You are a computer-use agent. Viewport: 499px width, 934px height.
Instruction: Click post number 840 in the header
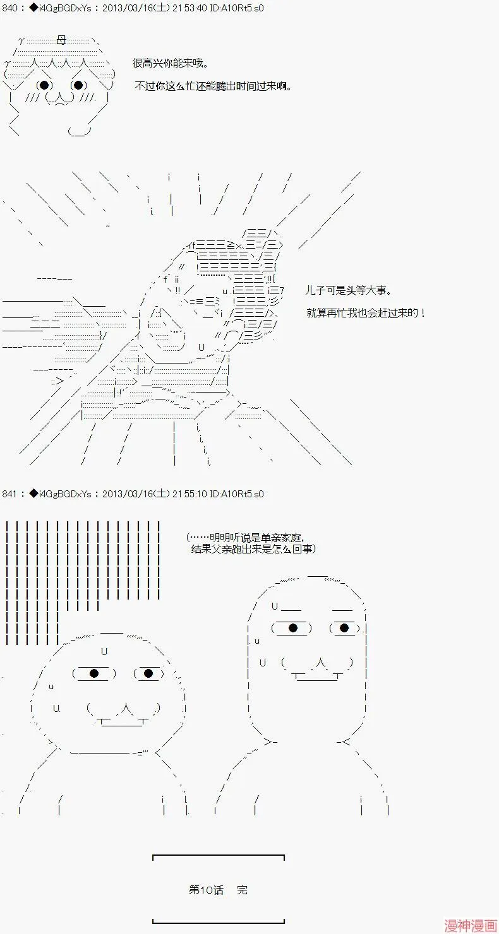click(x=9, y=8)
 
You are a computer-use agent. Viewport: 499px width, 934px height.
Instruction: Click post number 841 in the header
click(x=9, y=494)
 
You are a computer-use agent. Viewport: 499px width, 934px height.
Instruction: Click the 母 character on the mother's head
click(x=61, y=40)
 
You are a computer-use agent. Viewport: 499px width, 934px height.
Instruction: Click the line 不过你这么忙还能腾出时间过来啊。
click(x=213, y=86)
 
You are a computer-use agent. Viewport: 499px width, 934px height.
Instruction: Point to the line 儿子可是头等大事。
click(x=349, y=290)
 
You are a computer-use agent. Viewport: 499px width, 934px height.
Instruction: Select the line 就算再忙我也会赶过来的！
click(x=366, y=313)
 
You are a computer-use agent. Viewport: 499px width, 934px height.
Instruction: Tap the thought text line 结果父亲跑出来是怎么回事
click(x=253, y=549)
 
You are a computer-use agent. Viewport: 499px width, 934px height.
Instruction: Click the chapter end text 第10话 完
click(x=218, y=890)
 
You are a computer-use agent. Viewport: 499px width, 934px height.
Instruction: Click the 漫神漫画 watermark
click(x=471, y=926)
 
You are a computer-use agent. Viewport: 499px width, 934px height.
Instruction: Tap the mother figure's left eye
click(x=44, y=85)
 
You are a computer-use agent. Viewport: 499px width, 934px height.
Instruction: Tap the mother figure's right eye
click(x=78, y=85)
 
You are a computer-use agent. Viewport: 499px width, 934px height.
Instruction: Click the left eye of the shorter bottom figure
click(x=94, y=673)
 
